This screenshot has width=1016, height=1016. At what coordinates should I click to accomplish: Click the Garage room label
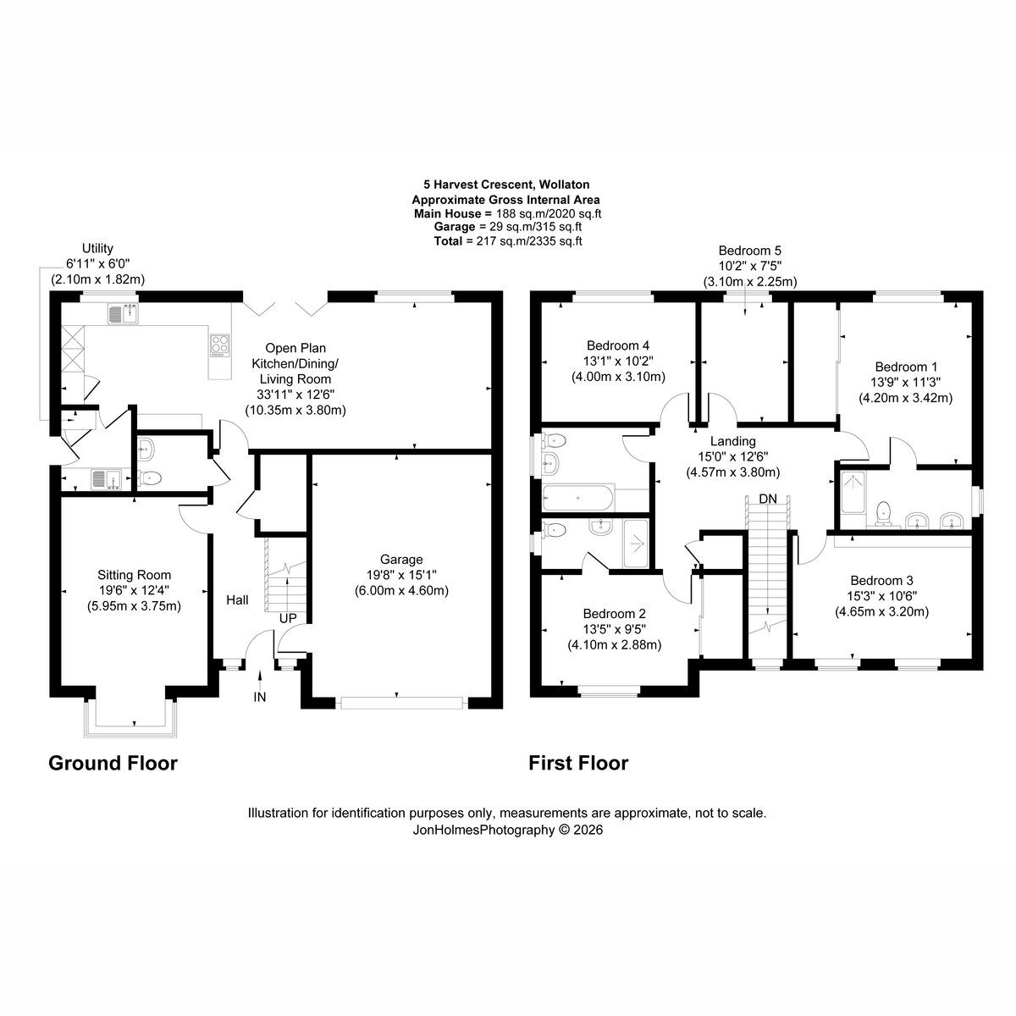(401, 560)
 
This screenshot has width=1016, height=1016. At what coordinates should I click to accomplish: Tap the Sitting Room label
(134, 575)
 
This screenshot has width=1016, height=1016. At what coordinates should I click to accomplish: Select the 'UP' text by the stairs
(288, 618)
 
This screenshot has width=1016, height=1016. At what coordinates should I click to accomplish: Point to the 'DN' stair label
(768, 498)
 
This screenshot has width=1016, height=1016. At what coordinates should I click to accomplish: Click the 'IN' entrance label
(259, 697)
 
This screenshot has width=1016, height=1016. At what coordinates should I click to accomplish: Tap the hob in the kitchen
(220, 345)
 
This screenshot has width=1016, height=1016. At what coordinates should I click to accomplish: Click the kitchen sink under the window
(123, 314)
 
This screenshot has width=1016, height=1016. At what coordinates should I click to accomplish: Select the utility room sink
(106, 480)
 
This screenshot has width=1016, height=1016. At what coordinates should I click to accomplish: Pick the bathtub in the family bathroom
(578, 498)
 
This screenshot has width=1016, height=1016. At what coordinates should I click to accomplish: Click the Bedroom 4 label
(618, 346)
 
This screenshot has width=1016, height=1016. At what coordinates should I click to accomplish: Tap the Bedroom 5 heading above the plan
(750, 251)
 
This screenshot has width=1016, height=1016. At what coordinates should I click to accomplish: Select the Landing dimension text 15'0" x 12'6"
(733, 456)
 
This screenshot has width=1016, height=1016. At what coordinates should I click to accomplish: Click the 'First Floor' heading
(578, 764)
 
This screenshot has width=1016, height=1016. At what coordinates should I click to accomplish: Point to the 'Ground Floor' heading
(113, 764)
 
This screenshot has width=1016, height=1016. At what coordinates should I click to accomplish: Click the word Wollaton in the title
(566, 185)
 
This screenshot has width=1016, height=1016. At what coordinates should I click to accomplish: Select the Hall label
(237, 600)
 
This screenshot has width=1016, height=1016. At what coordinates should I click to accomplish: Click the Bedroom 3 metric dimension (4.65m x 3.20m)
(881, 611)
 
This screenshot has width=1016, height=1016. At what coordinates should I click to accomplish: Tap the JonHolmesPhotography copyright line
(508, 830)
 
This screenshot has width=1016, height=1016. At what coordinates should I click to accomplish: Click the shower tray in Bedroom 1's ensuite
(853, 493)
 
